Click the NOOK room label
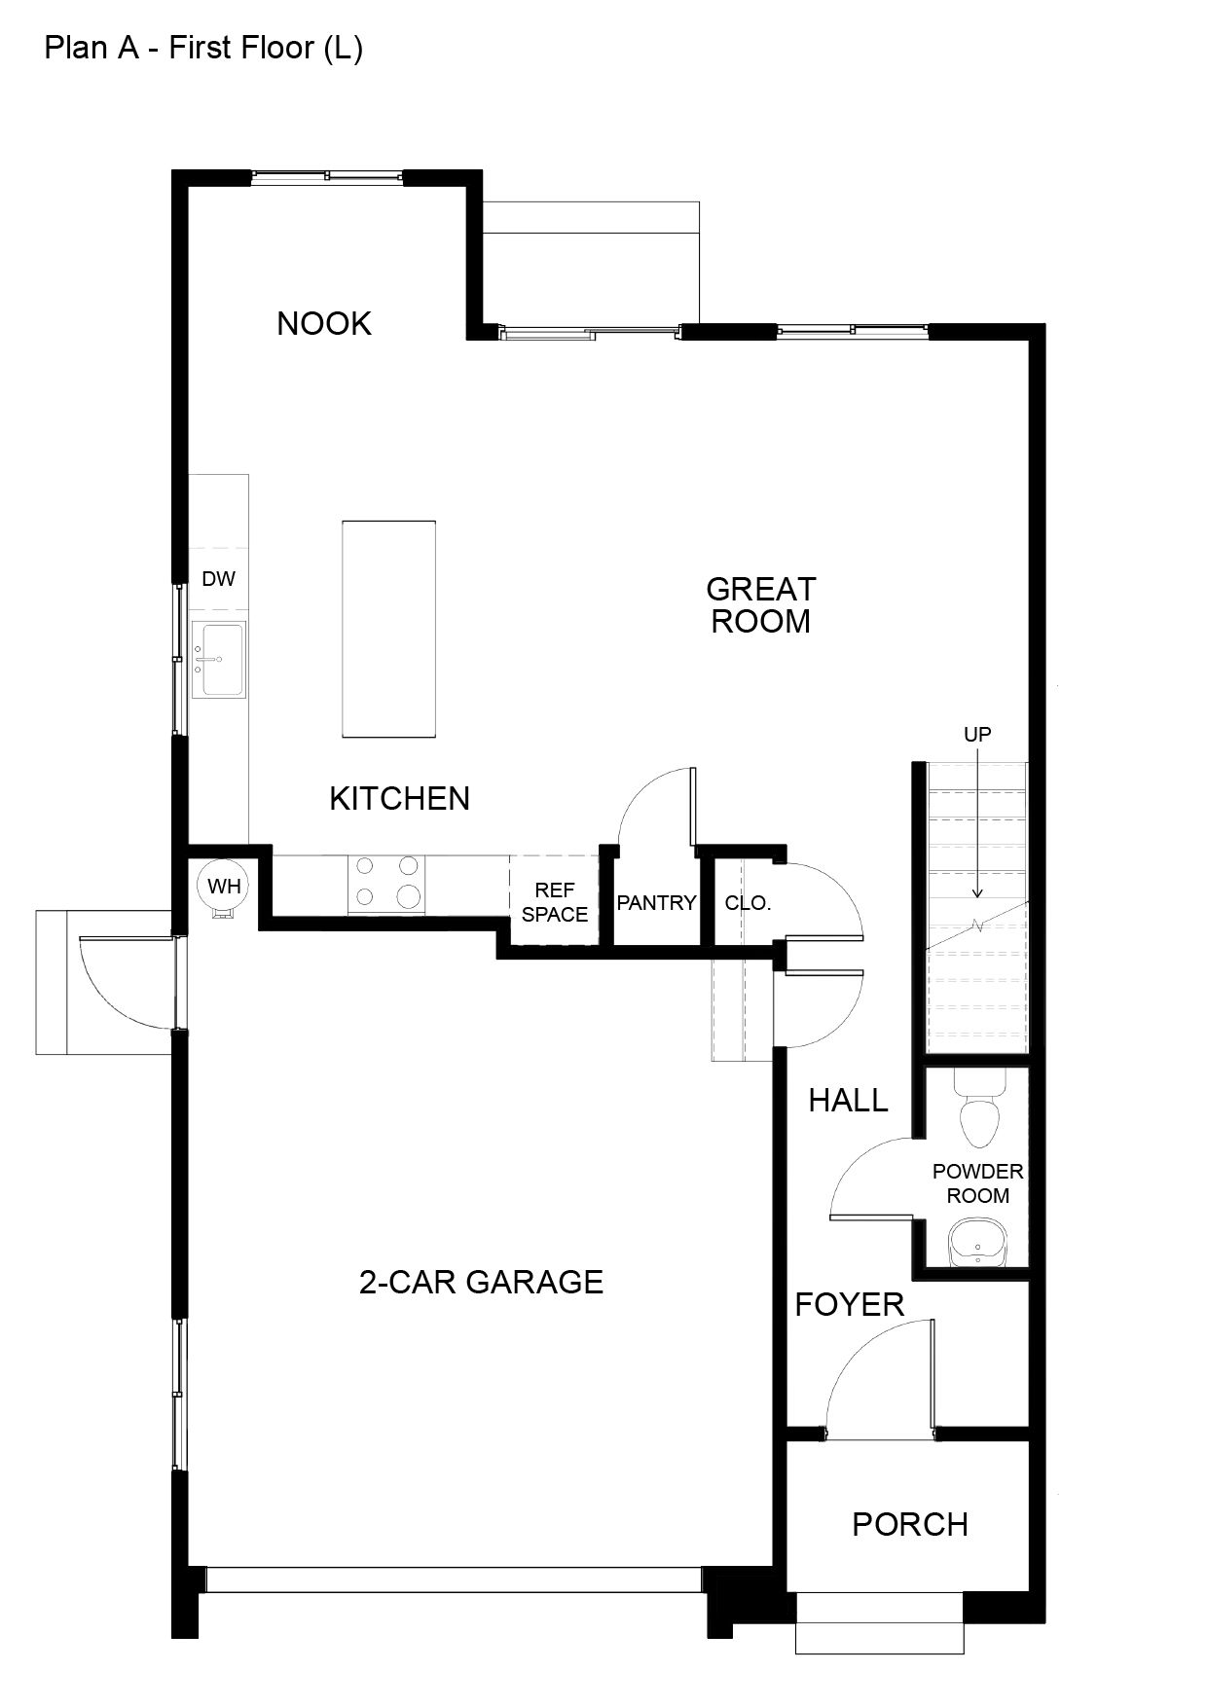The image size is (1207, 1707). point(324,323)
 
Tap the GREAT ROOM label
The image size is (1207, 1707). point(761,604)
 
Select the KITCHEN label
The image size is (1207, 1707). point(400,798)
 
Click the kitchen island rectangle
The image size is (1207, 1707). point(388,629)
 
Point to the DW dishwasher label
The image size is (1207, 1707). point(219,579)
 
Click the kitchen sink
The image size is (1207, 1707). point(218,660)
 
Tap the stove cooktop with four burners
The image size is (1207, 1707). point(387,884)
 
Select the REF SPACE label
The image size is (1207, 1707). point(555,902)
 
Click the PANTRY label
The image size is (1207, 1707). point(657,903)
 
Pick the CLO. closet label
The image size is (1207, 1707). point(748,903)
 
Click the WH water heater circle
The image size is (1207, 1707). point(224,888)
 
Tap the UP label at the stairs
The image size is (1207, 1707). point(977,735)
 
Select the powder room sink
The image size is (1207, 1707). point(976,1242)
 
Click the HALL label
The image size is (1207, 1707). point(849,1101)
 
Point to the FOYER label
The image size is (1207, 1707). point(850,1304)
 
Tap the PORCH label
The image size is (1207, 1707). point(910,1524)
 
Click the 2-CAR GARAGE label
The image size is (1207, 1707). point(482,1282)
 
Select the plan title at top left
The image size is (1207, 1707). point(203,49)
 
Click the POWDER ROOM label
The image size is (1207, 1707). point(978,1183)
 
